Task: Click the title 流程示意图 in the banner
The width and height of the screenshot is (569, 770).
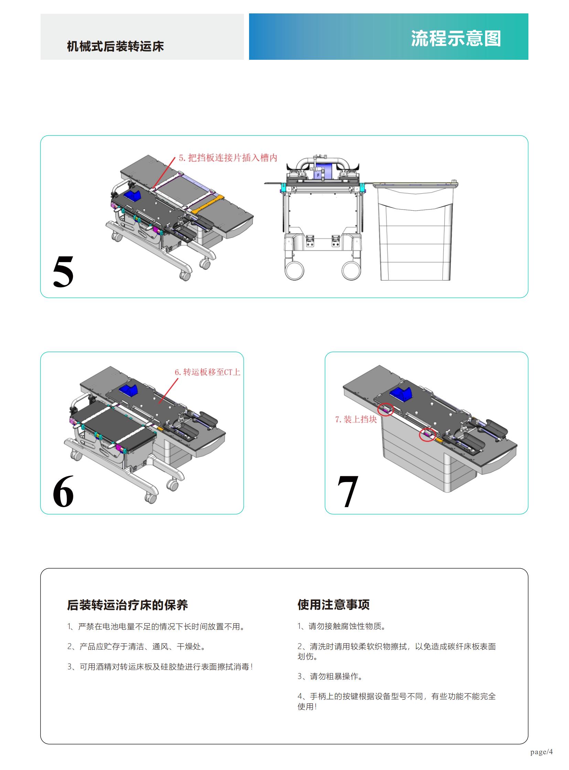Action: [x=456, y=38]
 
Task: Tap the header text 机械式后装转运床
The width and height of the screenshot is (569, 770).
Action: [x=115, y=46]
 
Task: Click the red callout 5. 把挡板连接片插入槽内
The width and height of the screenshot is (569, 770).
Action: [x=228, y=158]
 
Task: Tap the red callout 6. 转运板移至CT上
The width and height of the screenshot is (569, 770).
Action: [x=207, y=372]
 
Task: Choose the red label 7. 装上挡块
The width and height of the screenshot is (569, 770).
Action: [x=356, y=420]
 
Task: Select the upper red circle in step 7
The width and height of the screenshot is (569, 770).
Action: [x=385, y=409]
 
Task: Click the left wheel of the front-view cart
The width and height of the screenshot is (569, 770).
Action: [x=295, y=270]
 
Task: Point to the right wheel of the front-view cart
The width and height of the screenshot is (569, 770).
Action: [x=351, y=270]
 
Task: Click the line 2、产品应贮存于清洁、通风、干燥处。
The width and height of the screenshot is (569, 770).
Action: [x=136, y=647]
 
